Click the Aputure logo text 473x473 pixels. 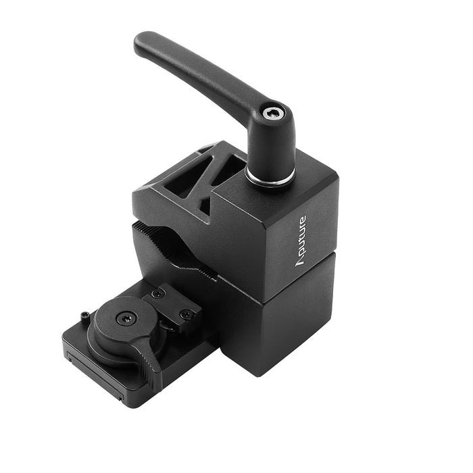pyautogui.click(x=301, y=241)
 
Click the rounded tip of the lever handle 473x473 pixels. pyautogui.click(x=142, y=42)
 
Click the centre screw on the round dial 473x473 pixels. pyautogui.click(x=127, y=318)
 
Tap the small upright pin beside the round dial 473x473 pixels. pyautogui.click(x=84, y=317)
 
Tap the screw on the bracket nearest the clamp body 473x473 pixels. pyautogui.click(x=186, y=315)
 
